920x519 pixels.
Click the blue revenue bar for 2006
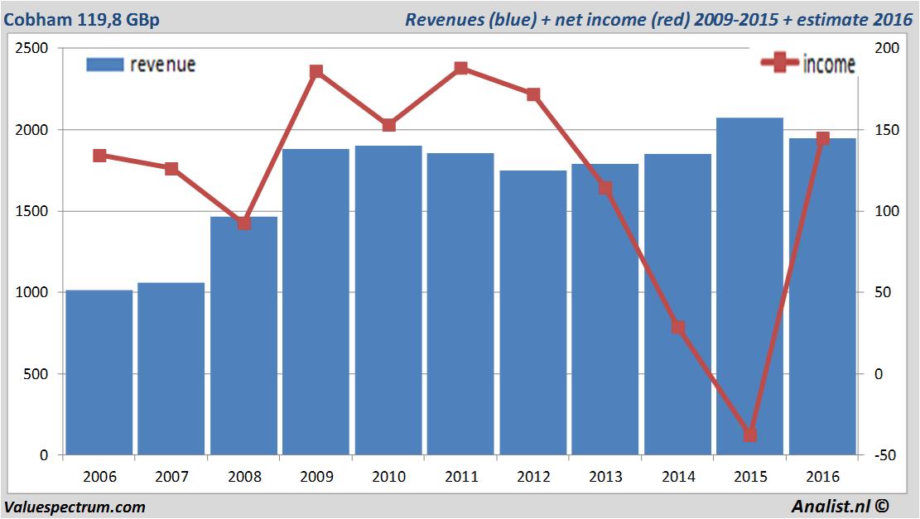click(99, 372)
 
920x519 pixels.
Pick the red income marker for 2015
click(750, 435)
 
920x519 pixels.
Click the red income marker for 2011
click(461, 69)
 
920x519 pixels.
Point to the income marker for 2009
click(316, 72)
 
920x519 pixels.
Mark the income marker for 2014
click(678, 327)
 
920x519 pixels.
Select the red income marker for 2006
click(99, 156)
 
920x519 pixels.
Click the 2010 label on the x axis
click(388, 477)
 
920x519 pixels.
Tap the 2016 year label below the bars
click(822, 477)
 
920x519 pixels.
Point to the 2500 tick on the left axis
click(31, 49)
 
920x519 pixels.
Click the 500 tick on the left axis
click(35, 374)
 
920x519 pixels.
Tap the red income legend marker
click(778, 64)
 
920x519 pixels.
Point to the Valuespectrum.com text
click(75, 507)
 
